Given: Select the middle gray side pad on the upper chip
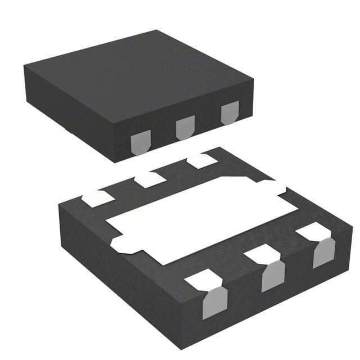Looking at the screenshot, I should click(184, 128).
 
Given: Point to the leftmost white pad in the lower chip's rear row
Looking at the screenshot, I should click(97, 197).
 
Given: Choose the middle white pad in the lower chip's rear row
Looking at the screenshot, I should click(150, 179).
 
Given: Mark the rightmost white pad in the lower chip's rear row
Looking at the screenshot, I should click(201, 161).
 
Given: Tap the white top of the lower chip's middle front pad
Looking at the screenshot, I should click(262, 255).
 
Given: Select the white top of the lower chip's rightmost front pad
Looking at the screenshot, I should click(313, 231).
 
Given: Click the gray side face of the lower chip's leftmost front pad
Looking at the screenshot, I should click(214, 302).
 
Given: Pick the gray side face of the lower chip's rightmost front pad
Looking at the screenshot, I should click(324, 253).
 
